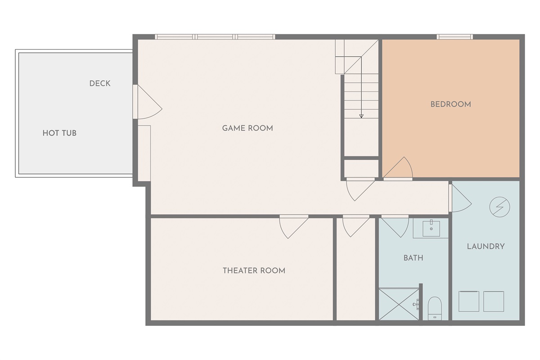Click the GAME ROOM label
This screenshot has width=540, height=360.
pos(247,128)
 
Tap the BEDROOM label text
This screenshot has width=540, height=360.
pos(450,104)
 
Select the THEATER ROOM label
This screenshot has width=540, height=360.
pos(254,270)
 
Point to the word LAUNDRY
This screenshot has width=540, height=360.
pos(486,247)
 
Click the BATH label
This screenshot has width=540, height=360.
pos(413,258)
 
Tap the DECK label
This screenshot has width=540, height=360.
pos(100,84)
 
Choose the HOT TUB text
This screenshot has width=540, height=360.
pos(59,133)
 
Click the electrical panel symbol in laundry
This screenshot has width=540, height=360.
pos(500,207)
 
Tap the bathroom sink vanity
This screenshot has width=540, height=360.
pos(431,228)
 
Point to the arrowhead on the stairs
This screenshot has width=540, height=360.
pos(361,116)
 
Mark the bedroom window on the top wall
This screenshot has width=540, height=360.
pos(454,37)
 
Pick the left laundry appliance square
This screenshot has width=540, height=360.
pos(468,301)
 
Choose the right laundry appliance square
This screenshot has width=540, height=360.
pos(494,301)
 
